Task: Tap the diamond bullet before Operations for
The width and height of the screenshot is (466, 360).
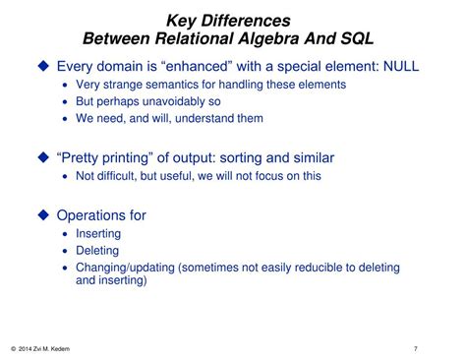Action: click(x=42, y=214)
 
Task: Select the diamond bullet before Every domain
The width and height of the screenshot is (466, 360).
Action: click(x=42, y=66)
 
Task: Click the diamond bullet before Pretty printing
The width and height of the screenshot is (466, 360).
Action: click(x=42, y=157)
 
